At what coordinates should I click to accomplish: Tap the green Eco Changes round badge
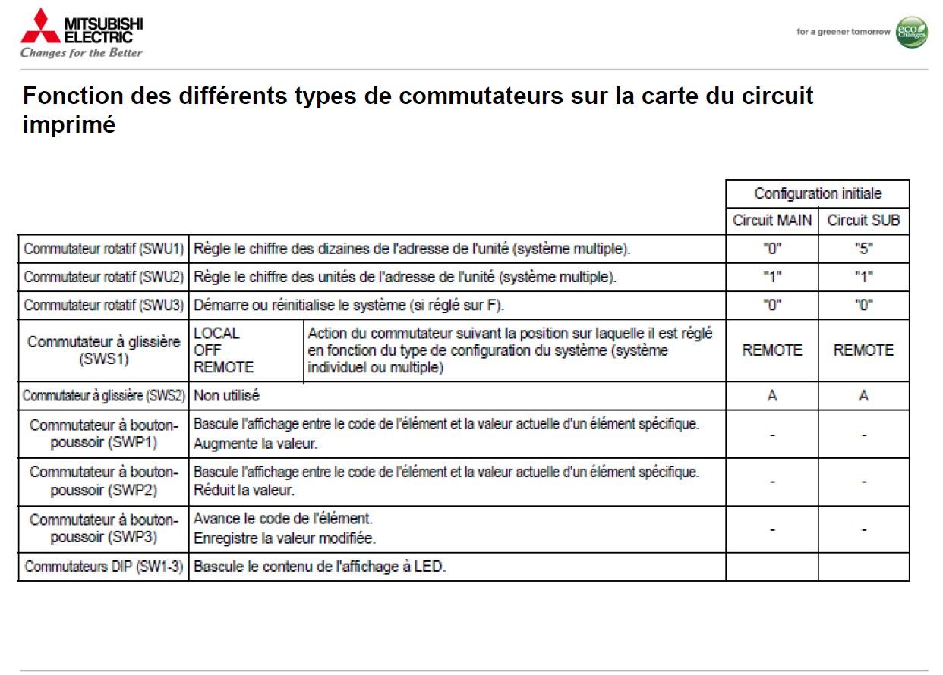point(911,33)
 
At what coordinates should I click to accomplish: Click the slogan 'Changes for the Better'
point(81,53)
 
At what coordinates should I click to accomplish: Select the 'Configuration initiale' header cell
point(818,193)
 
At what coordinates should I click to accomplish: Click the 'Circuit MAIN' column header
point(772,221)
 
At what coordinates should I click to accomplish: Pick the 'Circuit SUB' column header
point(863,221)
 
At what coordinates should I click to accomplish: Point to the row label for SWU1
point(104,249)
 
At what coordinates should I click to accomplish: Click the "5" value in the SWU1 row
point(863,249)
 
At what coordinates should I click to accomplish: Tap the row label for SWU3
point(104,305)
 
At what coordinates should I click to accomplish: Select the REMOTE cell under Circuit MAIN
point(772,350)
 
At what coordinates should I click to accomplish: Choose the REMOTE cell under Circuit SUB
point(863,350)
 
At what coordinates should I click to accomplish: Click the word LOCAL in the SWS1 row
point(216,334)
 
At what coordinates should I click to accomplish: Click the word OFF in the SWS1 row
point(207,350)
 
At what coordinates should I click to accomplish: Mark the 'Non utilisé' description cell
point(227,396)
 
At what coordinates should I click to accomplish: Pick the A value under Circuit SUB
point(863,396)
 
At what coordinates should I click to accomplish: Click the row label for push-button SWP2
point(104,481)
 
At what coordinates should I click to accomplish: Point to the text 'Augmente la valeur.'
point(255,444)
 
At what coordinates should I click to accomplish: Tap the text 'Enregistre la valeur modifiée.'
point(285,539)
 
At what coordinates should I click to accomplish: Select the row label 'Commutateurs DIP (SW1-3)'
point(104,567)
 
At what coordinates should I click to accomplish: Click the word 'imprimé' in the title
point(69,124)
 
